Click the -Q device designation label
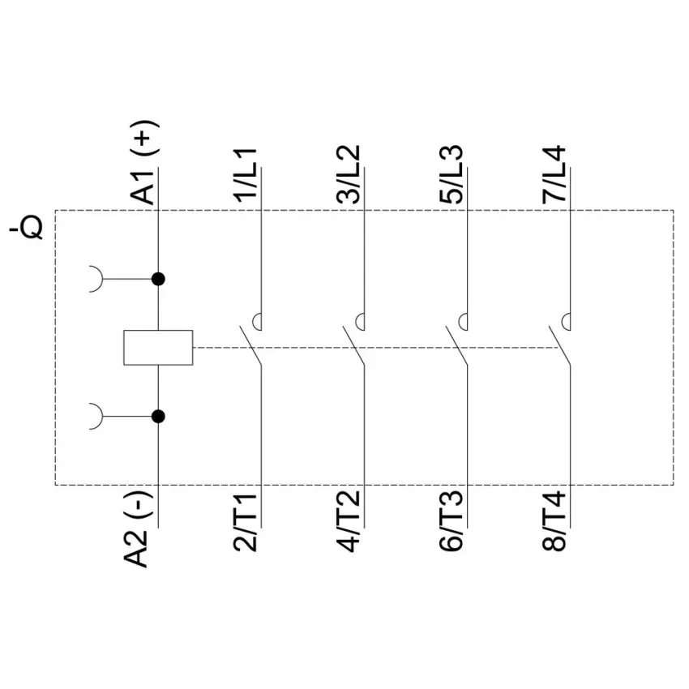point(27,228)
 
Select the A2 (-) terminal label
point(139,529)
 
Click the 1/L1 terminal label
point(246,176)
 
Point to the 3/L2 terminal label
point(349,174)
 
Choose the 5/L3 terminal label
point(451,174)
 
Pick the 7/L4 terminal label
point(554,174)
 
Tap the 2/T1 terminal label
point(246,522)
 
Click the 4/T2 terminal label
point(349,522)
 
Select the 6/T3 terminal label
point(451,522)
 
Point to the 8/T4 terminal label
point(554,522)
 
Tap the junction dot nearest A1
point(158,279)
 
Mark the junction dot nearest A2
point(158,416)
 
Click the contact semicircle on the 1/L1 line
point(254,322)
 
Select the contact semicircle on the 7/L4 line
point(563,322)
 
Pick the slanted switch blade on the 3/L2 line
point(353,345)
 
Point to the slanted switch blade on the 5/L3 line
point(456,345)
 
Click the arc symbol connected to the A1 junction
point(102,279)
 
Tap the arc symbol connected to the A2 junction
point(102,416)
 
